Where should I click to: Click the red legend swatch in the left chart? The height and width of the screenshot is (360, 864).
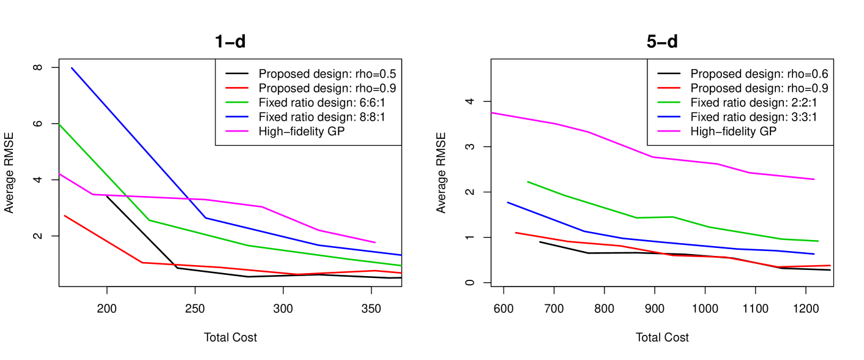coord(237,88)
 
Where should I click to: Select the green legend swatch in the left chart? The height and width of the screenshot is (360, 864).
coord(237,102)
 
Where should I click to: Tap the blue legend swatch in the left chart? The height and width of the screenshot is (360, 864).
coord(237,116)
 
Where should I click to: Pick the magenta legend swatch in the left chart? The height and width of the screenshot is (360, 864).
coord(237,131)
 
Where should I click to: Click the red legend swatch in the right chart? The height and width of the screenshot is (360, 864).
coord(669,88)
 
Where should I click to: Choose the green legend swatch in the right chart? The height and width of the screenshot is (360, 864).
coord(669,102)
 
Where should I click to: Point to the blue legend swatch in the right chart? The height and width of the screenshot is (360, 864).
coord(669,116)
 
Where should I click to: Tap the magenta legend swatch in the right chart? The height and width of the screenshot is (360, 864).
coord(669,131)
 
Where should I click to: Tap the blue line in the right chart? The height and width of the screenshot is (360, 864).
coord(673,243)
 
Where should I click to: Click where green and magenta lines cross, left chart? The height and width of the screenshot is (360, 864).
coord(127,196)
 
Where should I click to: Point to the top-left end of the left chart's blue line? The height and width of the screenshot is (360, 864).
coord(72,68)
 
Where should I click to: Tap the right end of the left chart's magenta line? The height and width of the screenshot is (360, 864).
coord(375,242)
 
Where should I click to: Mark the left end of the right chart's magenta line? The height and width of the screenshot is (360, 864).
coord(493,113)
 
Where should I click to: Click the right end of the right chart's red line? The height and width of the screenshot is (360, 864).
coord(830,265)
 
